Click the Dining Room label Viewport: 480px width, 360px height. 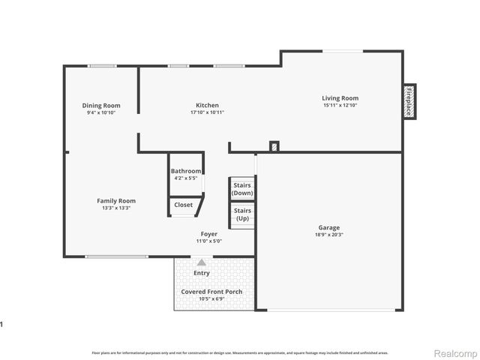[x=101, y=106]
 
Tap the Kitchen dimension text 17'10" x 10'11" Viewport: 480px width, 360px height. [x=207, y=112]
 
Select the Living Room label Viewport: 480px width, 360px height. [x=340, y=98]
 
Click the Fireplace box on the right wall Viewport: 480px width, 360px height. [x=409, y=100]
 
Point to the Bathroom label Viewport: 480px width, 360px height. [x=185, y=171]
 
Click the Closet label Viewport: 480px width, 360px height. [x=183, y=205]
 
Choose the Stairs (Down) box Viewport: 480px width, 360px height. [x=242, y=188]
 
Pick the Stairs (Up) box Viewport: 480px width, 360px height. [x=242, y=215]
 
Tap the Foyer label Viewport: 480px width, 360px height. [x=208, y=234]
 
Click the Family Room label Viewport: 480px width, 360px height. [x=116, y=200]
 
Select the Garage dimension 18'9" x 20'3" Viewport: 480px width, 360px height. [x=328, y=235]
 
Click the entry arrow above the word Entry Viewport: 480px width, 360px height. [x=201, y=262]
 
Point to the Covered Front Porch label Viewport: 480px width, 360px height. [x=211, y=292]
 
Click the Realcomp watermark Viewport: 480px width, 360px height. [x=455, y=352]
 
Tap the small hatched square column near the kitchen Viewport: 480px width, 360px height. [x=274, y=146]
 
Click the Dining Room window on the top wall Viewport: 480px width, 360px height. [x=101, y=66]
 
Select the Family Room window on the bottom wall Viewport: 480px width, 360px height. [x=116, y=256]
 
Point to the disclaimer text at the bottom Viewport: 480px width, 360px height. [x=239, y=352]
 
